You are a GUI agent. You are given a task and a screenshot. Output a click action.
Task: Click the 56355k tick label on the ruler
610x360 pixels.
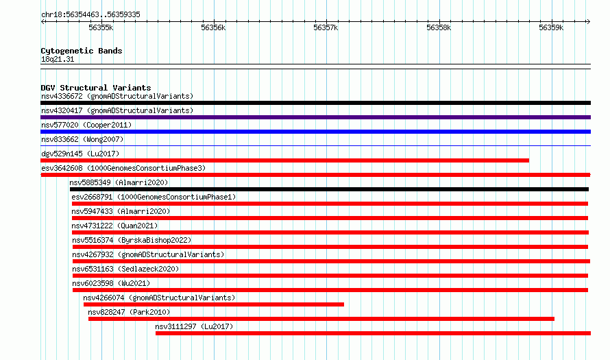point(101,27)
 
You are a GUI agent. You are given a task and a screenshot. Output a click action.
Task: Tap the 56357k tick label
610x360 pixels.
point(326,27)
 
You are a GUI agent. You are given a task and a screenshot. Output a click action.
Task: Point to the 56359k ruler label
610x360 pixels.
point(551,27)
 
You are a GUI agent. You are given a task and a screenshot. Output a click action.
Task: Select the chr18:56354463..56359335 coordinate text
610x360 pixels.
point(90,15)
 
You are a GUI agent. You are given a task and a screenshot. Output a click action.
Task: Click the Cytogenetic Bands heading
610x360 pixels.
point(82,51)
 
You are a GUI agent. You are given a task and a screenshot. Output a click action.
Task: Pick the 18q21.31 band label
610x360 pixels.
point(58,59)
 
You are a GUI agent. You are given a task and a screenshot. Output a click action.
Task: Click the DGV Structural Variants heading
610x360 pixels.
point(96,88)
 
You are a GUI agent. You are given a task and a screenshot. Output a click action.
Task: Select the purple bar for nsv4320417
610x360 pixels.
point(315,117)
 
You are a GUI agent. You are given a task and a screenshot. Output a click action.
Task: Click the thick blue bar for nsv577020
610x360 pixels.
point(315,132)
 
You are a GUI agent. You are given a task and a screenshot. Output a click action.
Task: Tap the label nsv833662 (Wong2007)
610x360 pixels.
point(82,139)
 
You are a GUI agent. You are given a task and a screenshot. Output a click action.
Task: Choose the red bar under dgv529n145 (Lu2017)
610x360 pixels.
point(284,160)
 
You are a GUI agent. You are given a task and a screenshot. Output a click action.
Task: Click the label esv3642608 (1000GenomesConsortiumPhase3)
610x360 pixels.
point(123,168)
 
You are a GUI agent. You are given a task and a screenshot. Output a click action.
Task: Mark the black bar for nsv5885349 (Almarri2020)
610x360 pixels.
point(329,189)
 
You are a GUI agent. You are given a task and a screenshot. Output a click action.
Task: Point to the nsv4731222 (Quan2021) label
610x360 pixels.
point(114,226)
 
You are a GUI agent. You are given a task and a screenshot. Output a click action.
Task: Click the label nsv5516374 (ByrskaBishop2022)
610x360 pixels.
point(132,240)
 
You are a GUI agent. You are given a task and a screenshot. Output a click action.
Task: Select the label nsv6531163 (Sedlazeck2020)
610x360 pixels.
point(125,269)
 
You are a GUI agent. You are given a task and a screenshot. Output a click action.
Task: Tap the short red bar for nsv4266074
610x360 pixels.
point(214,304)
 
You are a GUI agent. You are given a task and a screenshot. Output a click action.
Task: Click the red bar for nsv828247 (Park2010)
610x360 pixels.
point(321,319)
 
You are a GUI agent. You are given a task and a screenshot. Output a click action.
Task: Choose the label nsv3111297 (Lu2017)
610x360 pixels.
point(194,326)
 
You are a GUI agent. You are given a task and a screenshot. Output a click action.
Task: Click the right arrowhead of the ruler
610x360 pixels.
point(589,21)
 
